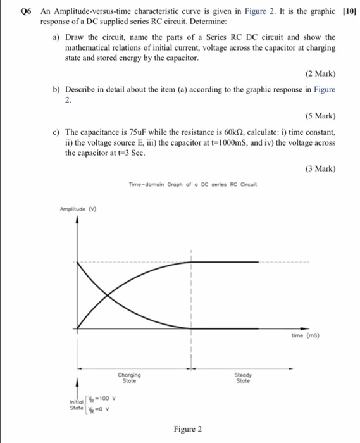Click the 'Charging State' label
click(128, 378)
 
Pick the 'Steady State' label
click(242, 378)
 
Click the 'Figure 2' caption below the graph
click(188, 429)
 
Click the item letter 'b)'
click(56, 90)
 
